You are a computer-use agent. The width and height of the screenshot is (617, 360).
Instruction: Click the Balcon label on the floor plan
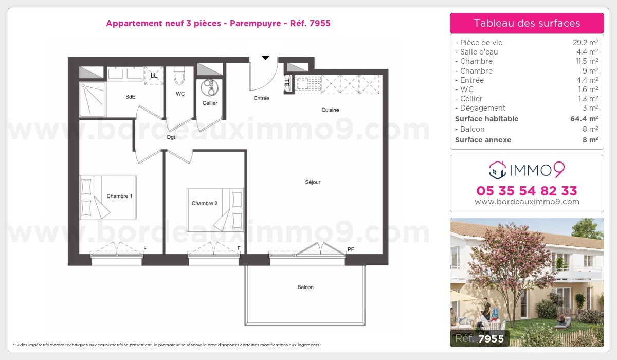[x=305, y=287]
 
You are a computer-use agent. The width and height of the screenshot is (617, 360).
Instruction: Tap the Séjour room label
[x=313, y=182]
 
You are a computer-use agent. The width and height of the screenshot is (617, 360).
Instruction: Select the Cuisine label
[x=330, y=110]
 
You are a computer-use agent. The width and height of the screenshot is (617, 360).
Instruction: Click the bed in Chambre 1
[x=108, y=197]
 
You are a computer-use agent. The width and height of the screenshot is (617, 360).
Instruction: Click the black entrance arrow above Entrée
[x=265, y=58]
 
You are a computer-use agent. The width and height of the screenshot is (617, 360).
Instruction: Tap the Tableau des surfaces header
[x=527, y=23]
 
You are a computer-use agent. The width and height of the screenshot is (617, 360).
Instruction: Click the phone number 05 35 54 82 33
[x=527, y=191]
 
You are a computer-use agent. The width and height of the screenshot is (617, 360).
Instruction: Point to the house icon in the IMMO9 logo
[x=498, y=169]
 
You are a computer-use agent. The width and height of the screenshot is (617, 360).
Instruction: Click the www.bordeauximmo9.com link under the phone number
[x=527, y=202]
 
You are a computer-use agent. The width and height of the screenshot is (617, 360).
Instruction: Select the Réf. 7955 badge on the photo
[x=480, y=338]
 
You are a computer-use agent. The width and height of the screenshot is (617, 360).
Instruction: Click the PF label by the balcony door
[x=351, y=249]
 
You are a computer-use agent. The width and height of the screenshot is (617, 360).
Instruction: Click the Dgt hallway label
[x=171, y=137]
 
